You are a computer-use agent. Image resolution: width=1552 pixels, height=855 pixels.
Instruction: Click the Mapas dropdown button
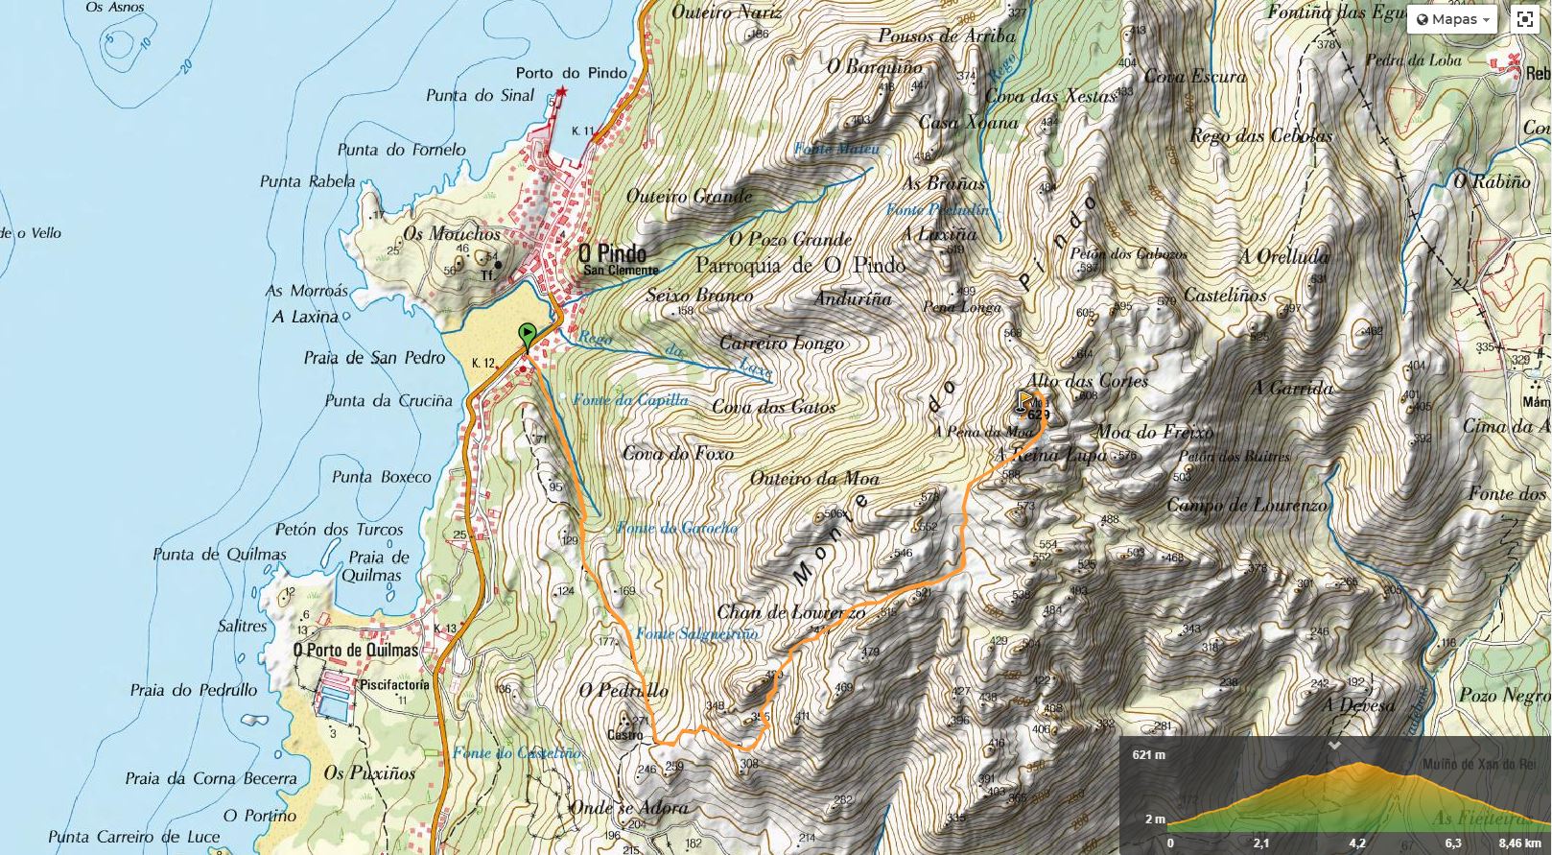click(1452, 19)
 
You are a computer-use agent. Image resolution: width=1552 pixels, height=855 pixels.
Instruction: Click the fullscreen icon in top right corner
click(1525, 19)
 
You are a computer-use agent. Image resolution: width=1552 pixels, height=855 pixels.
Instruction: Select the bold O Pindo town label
click(612, 253)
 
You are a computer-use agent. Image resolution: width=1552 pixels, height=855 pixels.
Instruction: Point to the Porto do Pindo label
click(571, 73)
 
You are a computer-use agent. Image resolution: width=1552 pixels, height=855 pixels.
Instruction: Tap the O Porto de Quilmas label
click(356, 650)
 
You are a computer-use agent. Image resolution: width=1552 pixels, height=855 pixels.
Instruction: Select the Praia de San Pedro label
click(374, 358)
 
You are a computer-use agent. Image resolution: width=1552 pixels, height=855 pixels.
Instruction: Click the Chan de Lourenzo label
click(790, 612)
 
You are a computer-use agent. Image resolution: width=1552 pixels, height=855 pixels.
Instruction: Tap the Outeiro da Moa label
click(814, 478)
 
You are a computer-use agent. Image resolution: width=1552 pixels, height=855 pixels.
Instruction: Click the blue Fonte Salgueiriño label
click(696, 633)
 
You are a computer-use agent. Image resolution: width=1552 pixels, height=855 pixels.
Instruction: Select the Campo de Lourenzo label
click(1246, 505)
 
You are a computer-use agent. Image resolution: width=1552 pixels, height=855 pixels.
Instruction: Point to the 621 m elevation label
click(1148, 754)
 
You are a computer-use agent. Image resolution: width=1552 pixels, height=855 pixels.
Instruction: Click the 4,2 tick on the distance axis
click(1357, 843)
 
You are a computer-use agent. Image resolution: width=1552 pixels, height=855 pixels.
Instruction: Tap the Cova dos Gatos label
click(773, 407)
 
